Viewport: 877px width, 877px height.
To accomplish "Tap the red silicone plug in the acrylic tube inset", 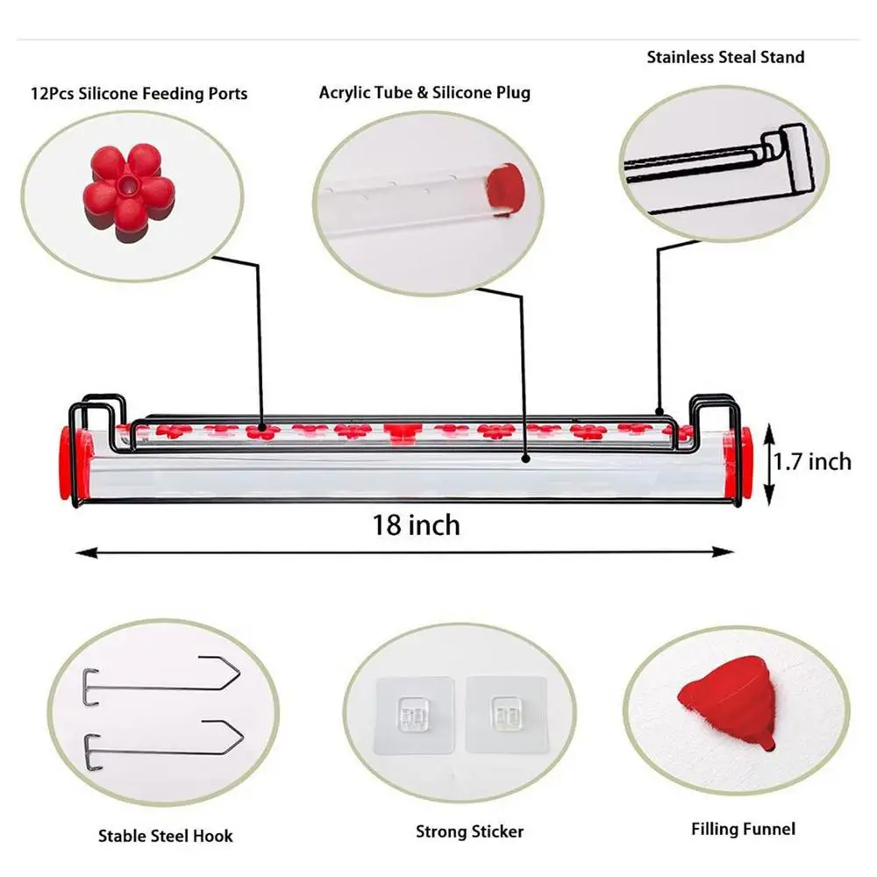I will [x=503, y=186].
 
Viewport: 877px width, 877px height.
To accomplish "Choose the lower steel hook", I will [x=164, y=740].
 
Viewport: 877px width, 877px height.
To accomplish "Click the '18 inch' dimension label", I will [x=417, y=524].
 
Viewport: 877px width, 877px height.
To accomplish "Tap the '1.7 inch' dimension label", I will [x=812, y=460].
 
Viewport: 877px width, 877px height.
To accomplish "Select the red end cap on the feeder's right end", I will [x=742, y=464].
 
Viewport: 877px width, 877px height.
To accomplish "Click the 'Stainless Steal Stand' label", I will [x=725, y=58].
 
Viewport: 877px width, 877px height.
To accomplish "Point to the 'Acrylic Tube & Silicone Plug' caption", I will [x=424, y=92].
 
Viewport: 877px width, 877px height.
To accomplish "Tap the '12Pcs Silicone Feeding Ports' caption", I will [x=139, y=93].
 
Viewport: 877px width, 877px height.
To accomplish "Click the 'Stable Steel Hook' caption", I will [x=166, y=836].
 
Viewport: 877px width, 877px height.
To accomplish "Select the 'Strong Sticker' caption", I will [x=469, y=831].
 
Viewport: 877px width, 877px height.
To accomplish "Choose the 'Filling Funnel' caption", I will [x=743, y=829].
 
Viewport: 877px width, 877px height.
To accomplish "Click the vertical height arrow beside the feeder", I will [x=770, y=463].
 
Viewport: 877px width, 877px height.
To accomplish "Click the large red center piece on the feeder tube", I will [x=401, y=431].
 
